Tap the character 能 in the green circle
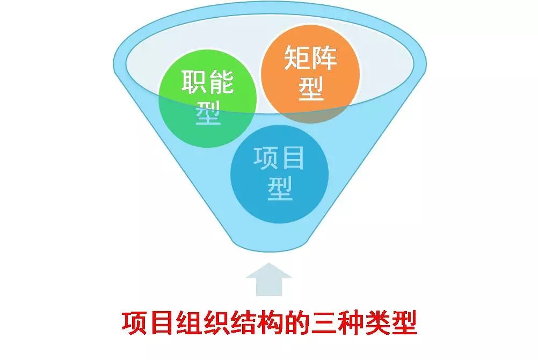click(x=221, y=82)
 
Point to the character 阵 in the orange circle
click(x=324, y=58)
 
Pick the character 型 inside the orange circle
click(x=311, y=88)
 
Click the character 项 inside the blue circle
click(x=266, y=158)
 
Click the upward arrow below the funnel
click(x=269, y=279)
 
